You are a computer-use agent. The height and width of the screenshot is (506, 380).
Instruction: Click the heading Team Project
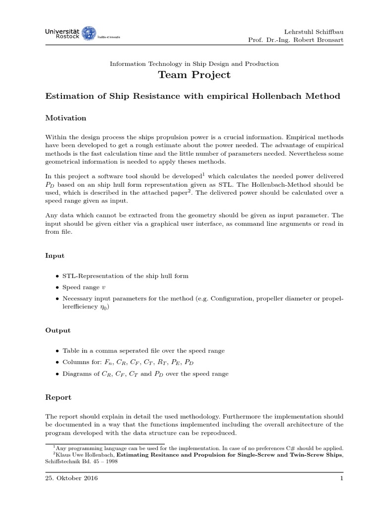[x=194, y=75]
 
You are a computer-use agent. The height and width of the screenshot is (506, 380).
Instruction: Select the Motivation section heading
[x=66, y=118]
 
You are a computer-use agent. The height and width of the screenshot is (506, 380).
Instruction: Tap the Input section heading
[x=54, y=255]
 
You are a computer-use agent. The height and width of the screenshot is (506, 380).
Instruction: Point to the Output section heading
[x=58, y=330]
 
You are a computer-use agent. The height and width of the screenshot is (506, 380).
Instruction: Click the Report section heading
[x=58, y=397]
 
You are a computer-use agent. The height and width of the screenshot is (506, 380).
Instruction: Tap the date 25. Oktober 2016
[x=70, y=478]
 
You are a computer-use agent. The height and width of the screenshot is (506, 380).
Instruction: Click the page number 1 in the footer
[x=341, y=478]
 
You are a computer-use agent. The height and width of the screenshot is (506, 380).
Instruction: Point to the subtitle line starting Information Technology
[x=194, y=64]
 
